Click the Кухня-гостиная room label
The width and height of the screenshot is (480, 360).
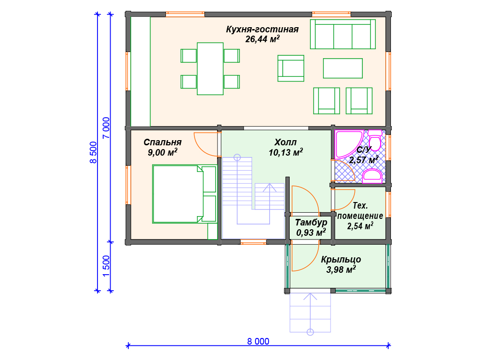pos(262,29)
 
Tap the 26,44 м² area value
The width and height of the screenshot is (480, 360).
pos(262,39)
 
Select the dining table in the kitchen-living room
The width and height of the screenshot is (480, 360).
pos(210,68)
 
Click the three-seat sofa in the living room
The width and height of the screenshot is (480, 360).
pos(343,34)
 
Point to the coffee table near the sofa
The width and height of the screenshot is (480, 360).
pos(343,68)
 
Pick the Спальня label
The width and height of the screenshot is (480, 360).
pos(163,142)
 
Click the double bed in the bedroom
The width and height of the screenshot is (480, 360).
pos(184,194)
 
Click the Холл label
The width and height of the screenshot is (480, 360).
pos(285,142)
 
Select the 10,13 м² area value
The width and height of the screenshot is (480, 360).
pos(285,152)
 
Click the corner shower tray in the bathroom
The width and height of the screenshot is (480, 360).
pos(349,143)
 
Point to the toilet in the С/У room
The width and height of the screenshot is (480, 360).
pos(375,140)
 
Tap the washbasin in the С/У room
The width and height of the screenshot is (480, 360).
pos(372,176)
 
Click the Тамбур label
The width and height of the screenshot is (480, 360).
pos(311,222)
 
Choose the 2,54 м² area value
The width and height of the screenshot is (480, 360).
pos(360,226)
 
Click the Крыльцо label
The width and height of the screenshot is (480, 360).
pos(341,260)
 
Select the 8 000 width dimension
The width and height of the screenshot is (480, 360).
pos(258,341)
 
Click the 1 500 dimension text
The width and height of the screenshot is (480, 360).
pos(106,266)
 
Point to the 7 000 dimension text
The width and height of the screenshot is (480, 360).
pos(106,127)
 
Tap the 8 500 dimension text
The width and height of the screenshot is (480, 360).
pos(93,152)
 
